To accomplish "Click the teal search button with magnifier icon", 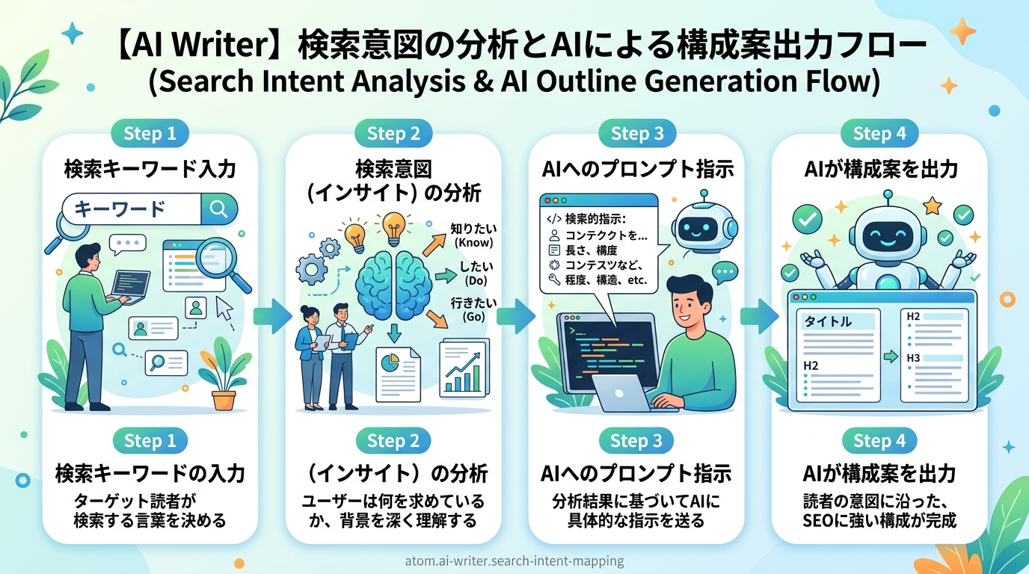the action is pyautogui.click(x=219, y=209).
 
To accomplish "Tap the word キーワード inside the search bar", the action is pyautogui.click(x=120, y=209).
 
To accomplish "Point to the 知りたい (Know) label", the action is pyautogui.click(x=473, y=235).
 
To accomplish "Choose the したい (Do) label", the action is pyautogui.click(x=476, y=274).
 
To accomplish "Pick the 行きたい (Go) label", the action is pyautogui.click(x=473, y=309).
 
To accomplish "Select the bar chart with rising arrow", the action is pyautogui.click(x=464, y=368).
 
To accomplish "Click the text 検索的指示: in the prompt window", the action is pyautogui.click(x=596, y=219).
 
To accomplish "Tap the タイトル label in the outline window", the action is pyautogui.click(x=828, y=321).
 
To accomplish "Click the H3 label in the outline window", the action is pyautogui.click(x=913, y=358).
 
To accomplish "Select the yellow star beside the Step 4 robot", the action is pyautogui.click(x=932, y=206).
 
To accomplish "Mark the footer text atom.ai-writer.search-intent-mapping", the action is pyautogui.click(x=514, y=561).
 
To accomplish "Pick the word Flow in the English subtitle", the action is pyautogui.click(x=841, y=81).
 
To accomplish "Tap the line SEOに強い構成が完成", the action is pyautogui.click(x=879, y=521).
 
